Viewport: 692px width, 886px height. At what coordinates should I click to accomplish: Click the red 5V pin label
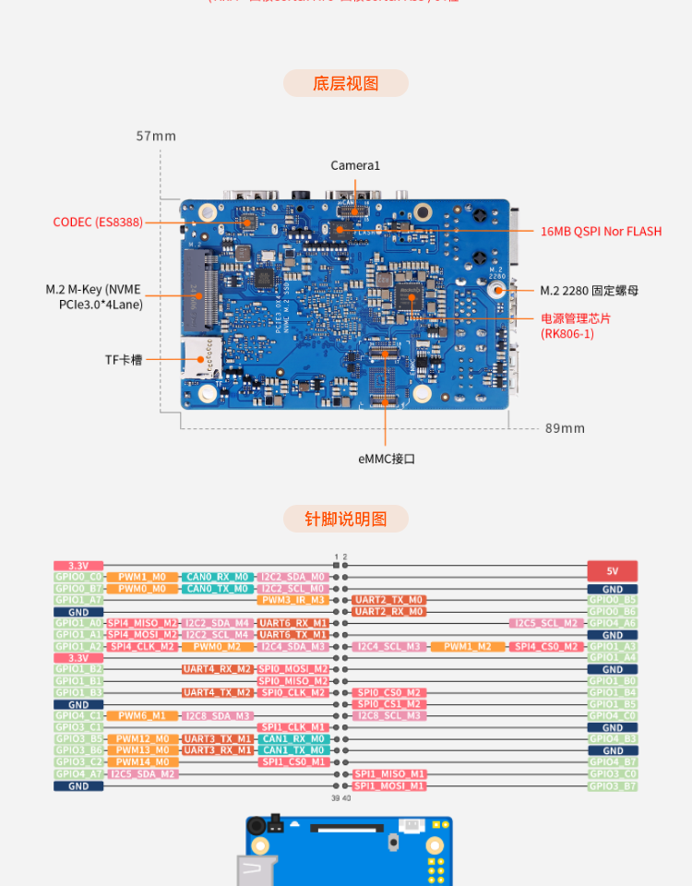point(613,571)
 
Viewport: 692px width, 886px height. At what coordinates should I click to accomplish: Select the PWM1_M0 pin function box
point(142,577)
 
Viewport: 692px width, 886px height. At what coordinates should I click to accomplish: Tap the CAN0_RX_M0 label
point(217,577)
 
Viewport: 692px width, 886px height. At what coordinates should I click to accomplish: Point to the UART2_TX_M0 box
point(388,600)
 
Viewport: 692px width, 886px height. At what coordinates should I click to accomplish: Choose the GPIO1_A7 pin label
point(78,600)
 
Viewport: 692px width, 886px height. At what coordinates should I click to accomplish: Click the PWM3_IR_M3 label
point(292,600)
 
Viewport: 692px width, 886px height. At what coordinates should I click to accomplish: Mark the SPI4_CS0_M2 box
point(546,646)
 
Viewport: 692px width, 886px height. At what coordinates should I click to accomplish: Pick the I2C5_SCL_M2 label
point(546,623)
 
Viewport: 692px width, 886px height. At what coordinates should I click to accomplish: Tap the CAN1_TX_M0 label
point(292,750)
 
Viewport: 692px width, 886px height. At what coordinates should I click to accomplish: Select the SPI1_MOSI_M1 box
point(388,785)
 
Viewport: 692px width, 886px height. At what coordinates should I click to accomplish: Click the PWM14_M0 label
point(142,762)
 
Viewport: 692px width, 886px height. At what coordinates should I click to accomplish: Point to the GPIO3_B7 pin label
point(613,786)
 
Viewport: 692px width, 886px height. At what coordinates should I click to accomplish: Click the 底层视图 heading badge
point(346,83)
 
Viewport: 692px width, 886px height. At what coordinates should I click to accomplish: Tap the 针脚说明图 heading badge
point(346,519)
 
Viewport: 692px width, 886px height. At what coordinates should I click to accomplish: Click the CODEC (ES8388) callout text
point(98,222)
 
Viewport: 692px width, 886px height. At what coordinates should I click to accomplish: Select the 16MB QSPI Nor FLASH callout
point(601,232)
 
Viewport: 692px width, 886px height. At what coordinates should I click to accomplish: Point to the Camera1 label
point(355,165)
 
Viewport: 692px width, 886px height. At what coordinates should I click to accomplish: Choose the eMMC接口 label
point(387,459)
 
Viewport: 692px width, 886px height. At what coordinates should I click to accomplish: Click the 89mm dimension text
point(565,428)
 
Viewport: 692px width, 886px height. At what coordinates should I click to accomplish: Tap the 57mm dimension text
point(156,136)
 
